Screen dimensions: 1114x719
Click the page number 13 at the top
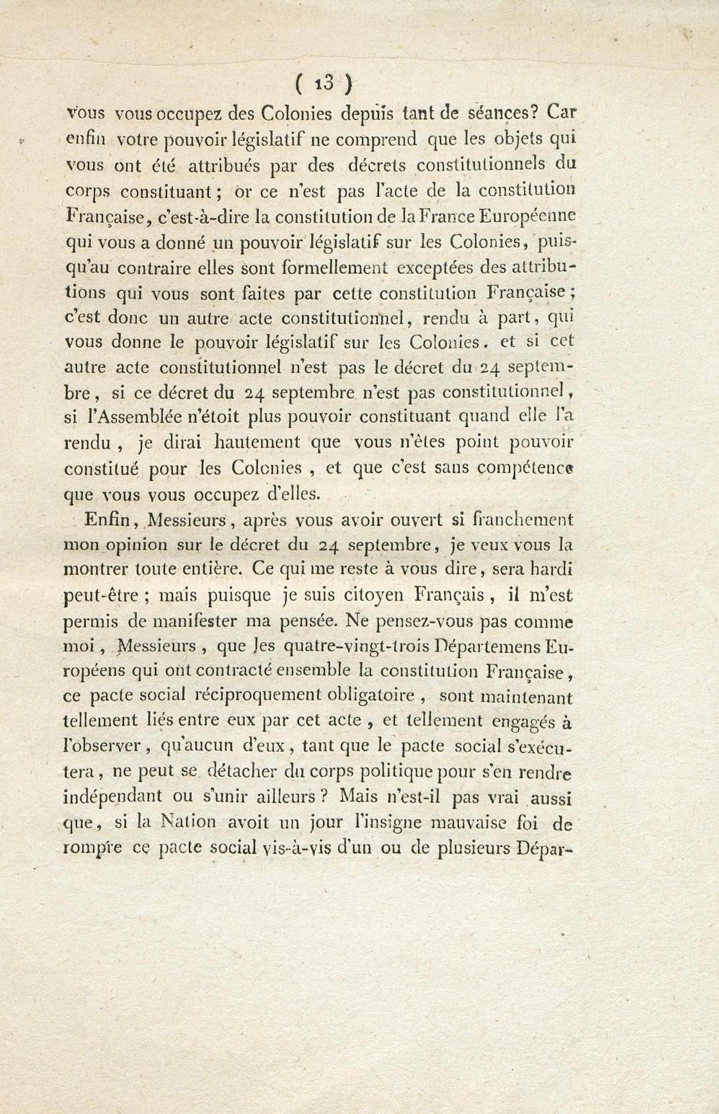323,84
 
